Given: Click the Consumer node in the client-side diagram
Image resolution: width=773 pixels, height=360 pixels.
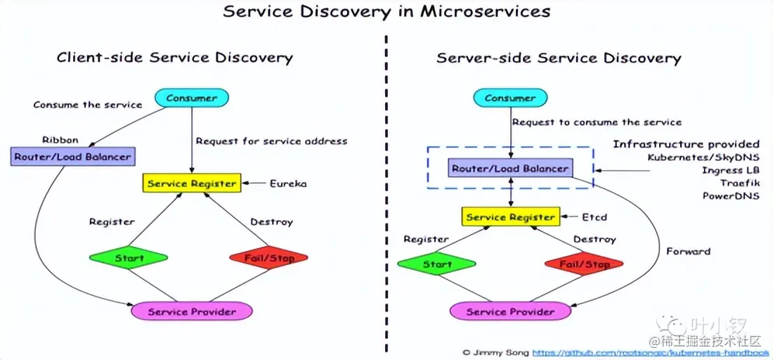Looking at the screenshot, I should point(191,98).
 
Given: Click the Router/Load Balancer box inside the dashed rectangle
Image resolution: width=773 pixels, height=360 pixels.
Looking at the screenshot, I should point(510,169).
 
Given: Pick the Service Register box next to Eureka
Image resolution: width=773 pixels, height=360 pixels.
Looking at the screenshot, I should point(192,184).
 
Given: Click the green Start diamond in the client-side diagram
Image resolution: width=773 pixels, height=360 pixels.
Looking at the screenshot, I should point(129,258).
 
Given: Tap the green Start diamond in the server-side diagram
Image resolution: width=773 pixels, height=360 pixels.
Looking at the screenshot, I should point(437,264).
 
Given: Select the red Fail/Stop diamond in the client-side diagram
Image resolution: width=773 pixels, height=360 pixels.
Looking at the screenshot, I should point(269,258).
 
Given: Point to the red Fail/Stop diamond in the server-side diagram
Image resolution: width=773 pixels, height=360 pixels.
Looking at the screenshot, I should point(584,264).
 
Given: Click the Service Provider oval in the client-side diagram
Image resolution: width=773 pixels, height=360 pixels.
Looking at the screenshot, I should point(192,310).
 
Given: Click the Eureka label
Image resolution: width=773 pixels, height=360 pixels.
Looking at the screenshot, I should point(288,184).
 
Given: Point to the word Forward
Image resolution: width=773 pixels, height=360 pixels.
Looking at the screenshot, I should point(688,251).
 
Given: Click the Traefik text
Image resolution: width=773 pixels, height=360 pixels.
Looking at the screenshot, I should point(739,183).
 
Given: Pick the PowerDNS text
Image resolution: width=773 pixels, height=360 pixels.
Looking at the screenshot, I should point(731,195).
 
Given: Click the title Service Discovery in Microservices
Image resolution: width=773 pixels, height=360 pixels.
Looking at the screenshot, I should point(386,12).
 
